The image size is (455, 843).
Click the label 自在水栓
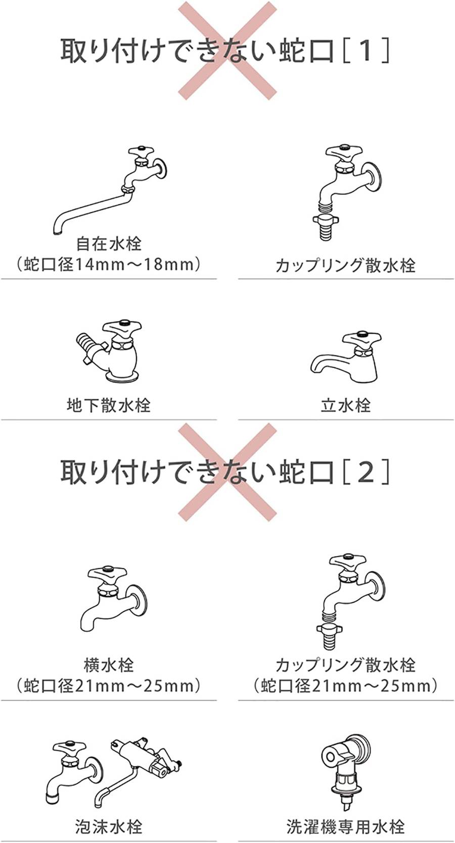tap(109, 244)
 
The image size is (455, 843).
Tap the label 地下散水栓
tap(109, 405)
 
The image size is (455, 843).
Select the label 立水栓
tap(346, 405)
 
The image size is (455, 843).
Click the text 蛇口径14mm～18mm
tap(109, 264)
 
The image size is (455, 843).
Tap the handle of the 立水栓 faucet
tap(361, 338)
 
